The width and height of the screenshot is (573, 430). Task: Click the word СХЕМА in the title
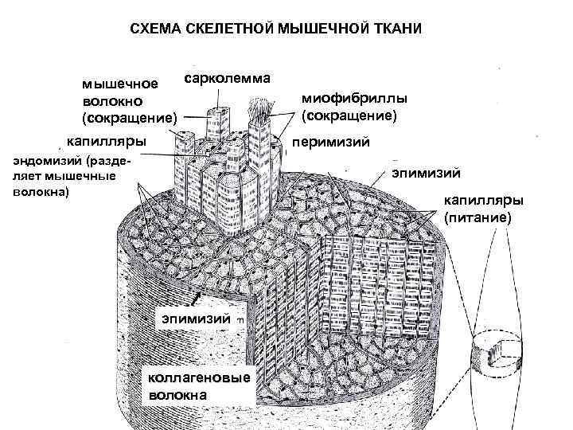point(157,29)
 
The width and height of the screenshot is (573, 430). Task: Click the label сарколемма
point(228,78)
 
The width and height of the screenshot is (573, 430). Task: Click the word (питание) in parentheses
point(478,217)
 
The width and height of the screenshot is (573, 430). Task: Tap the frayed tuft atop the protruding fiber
point(259,110)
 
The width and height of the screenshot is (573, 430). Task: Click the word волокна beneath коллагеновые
point(174,393)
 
